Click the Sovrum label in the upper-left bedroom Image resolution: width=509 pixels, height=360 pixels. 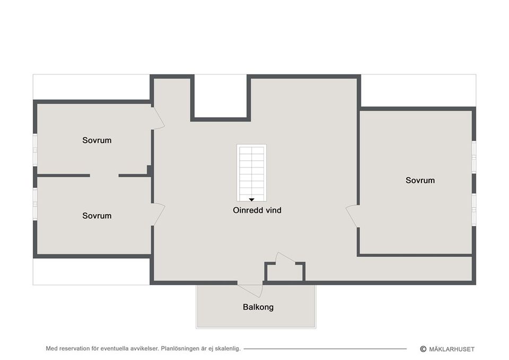pos(97,141)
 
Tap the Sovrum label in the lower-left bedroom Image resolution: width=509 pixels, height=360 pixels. pos(97,216)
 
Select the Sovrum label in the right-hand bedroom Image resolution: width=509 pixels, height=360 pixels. pos(420,180)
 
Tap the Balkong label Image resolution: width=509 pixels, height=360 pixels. pos(258,307)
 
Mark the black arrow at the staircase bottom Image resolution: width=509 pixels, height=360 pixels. pos(251,199)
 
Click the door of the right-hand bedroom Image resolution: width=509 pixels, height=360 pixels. pos(352,217)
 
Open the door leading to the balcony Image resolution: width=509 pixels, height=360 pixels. pos(250,289)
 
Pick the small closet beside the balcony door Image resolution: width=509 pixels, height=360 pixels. pos(285,271)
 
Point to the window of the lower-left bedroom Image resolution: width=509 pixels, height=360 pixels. pos(35,204)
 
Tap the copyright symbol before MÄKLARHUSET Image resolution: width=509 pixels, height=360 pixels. pos(423,349)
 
